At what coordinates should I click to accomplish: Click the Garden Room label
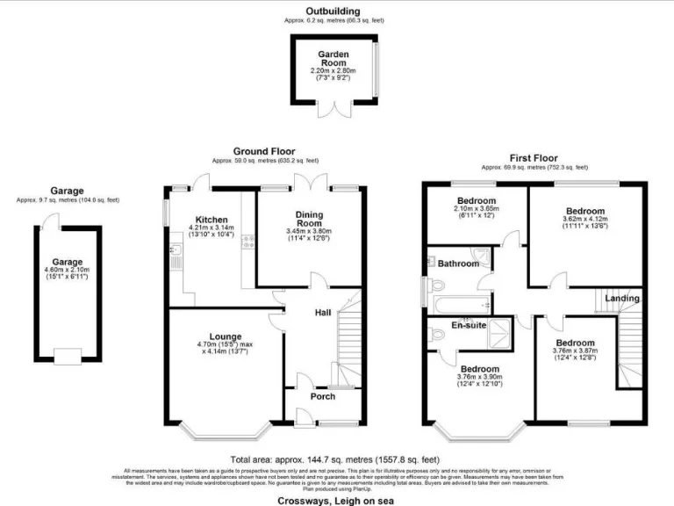[x=333, y=59]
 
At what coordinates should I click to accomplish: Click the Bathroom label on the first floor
[x=458, y=264]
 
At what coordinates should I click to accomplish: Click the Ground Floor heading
[x=264, y=151]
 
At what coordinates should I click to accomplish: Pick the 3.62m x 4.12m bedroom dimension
[x=585, y=220]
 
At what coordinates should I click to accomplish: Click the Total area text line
[x=335, y=459]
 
